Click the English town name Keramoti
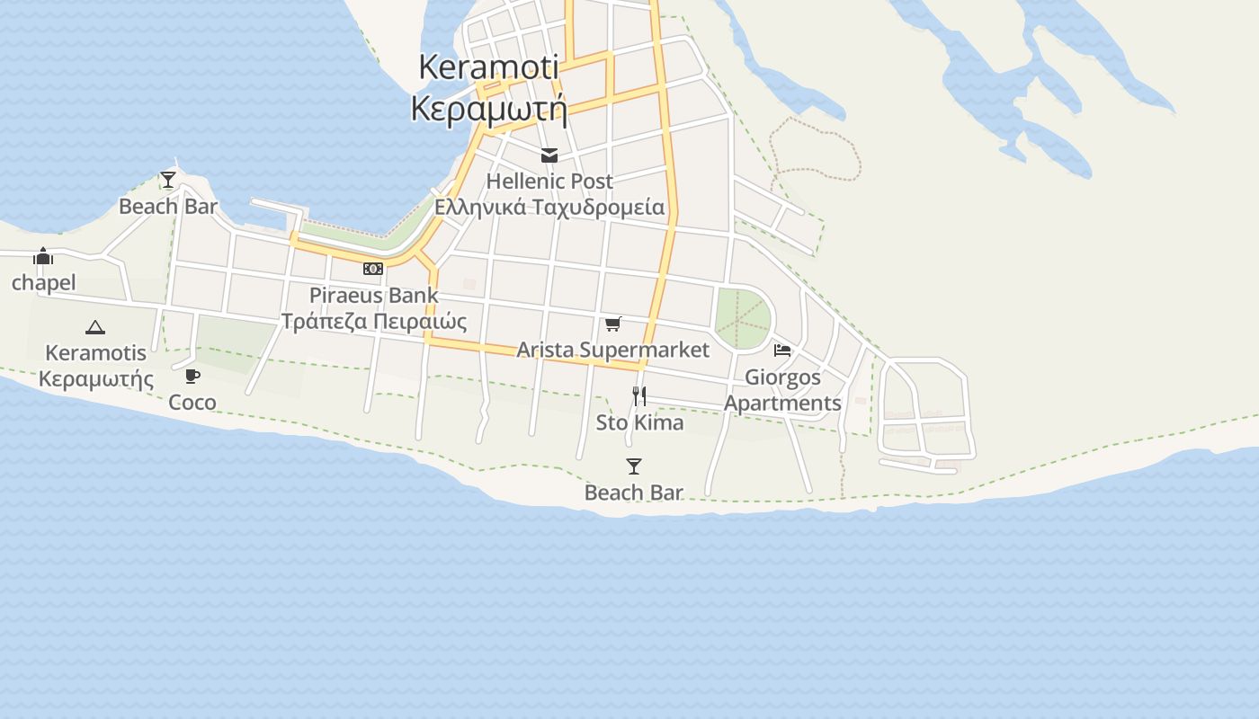coord(488,67)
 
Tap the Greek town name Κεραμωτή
coord(488,109)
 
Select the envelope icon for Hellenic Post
coord(549,155)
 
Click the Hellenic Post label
coord(549,181)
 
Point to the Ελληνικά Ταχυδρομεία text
coord(549,208)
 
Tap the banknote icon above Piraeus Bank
coord(373,269)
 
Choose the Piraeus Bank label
coord(374,295)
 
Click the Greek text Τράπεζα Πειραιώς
coord(374,322)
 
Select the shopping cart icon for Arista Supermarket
coord(612,324)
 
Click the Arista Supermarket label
coord(612,350)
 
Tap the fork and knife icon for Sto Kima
coord(639,395)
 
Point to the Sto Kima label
coord(639,422)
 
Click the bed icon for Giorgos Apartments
coord(782,351)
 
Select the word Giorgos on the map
coord(782,377)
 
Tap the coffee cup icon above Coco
coord(192,376)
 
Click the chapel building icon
coord(43,257)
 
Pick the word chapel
coord(43,283)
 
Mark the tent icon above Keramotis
coord(95,327)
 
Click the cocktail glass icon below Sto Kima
coord(634,466)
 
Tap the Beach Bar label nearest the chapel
coord(168,207)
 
